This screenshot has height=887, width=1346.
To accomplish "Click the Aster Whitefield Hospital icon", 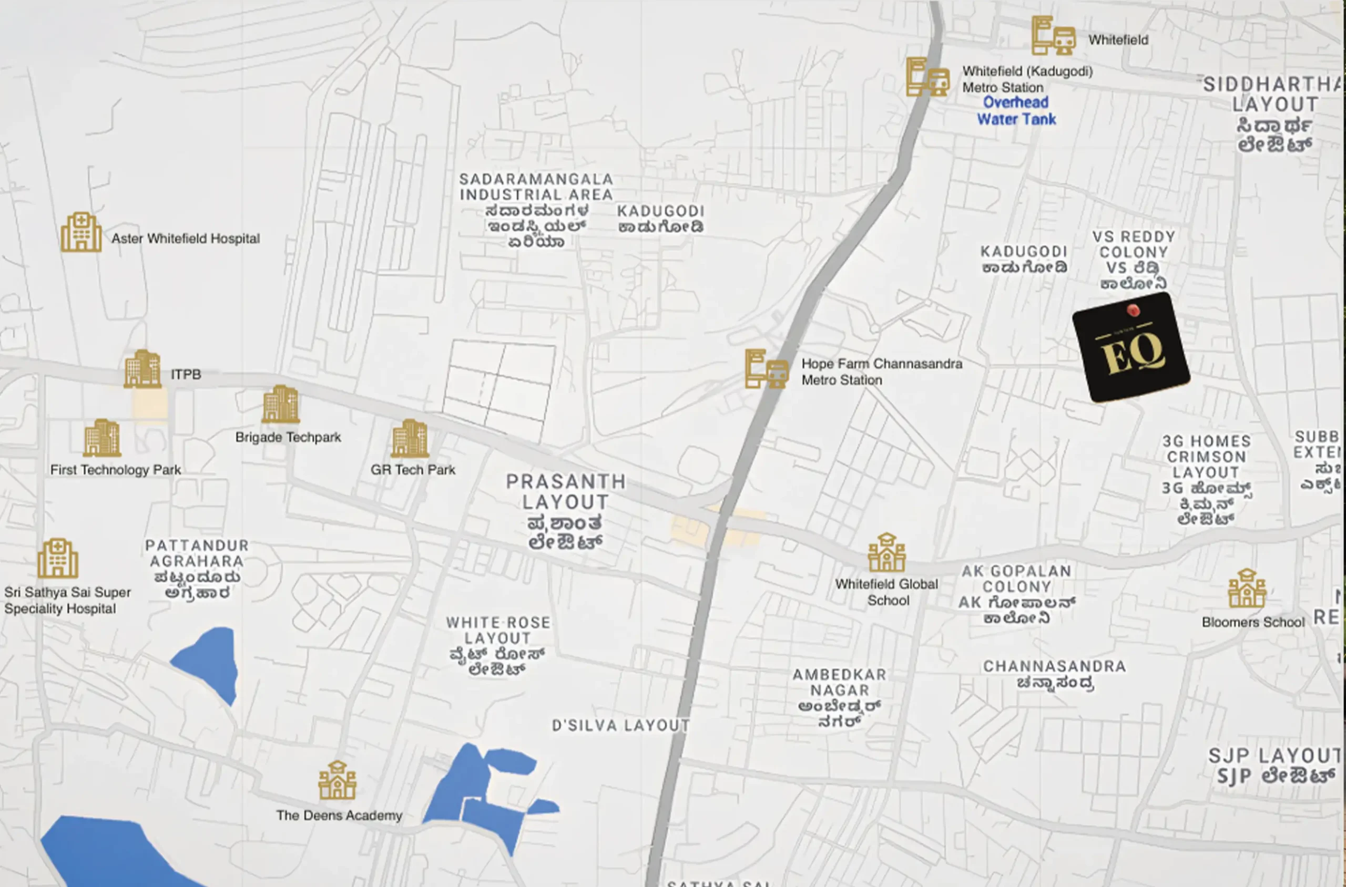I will [x=81, y=232].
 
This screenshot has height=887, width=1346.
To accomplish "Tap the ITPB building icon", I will [x=142, y=369].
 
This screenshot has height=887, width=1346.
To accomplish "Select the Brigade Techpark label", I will [x=288, y=437].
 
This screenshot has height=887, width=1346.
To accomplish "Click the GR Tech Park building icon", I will [x=409, y=438].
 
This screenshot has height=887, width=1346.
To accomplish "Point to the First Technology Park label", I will [x=116, y=470].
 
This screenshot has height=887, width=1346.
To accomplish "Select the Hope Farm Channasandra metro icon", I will [x=767, y=369].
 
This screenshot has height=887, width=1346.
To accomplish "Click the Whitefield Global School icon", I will [x=886, y=553].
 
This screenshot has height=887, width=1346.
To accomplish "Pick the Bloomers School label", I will [x=1252, y=622].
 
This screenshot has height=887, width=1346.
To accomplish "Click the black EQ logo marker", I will [x=1131, y=348].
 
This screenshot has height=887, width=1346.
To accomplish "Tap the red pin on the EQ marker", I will [x=1133, y=310].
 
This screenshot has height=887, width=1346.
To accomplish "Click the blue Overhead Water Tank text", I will [x=1016, y=111].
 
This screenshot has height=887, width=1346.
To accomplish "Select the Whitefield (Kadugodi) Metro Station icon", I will [x=927, y=77].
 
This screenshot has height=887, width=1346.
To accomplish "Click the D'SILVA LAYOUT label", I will [x=620, y=725].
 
